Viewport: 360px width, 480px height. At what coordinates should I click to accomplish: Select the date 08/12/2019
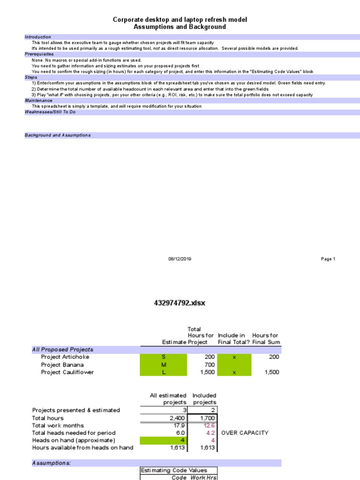[x=180, y=259]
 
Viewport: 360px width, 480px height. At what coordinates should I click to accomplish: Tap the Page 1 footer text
[x=328, y=259]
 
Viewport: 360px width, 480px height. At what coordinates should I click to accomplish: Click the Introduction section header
[x=38, y=37]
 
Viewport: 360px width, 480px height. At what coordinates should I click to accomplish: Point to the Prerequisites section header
[x=39, y=54]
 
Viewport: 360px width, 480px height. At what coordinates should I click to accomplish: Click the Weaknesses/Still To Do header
[x=50, y=112]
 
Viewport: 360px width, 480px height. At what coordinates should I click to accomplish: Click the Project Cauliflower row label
[x=67, y=372]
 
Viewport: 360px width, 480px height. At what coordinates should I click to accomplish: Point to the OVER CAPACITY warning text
[x=245, y=433]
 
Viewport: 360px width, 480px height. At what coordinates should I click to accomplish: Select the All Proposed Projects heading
[x=62, y=349]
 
